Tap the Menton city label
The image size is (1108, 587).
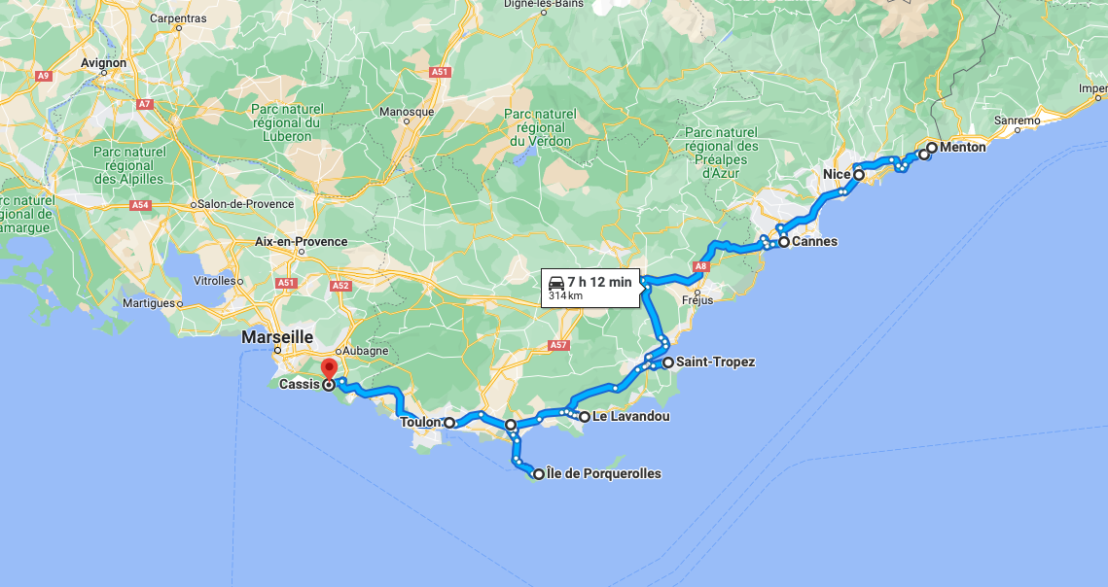[962, 148]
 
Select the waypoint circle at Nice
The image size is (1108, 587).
[859, 175]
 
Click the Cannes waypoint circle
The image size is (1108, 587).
[783, 242]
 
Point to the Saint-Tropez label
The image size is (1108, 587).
[716, 363]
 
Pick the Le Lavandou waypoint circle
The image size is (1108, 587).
[585, 417]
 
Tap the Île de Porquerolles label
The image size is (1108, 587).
[604, 474]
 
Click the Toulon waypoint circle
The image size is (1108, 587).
[449, 423]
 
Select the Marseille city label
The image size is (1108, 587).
[277, 336]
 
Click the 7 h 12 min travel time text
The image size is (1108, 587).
[600, 282]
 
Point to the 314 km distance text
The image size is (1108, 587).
[565, 295]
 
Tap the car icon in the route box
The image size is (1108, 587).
[556, 282]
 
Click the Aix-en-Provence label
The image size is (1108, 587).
[301, 241]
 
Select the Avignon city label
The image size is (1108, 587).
[104, 63]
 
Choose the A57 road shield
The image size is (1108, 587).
[558, 345]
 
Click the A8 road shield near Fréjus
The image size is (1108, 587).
[702, 266]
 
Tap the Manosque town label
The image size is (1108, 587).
[407, 112]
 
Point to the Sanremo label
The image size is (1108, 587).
[1017, 121]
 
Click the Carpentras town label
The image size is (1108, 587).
[178, 18]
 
